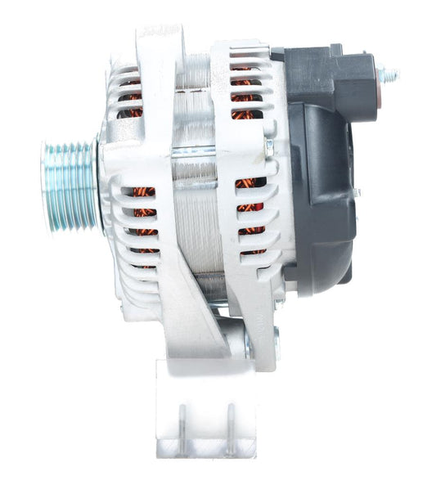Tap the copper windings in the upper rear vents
[245, 90]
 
